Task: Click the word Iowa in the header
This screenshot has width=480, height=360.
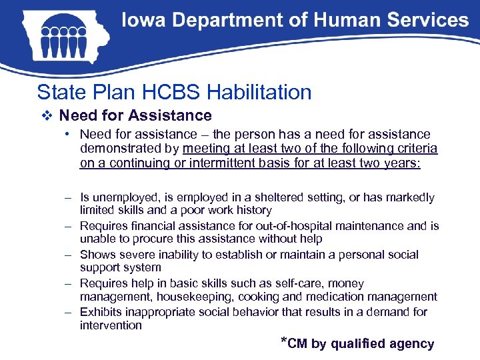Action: [x=142, y=21]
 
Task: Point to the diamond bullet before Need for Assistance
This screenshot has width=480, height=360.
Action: [x=45, y=116]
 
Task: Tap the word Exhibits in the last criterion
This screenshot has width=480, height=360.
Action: [x=101, y=312]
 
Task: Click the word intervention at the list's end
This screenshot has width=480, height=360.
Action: [x=111, y=325]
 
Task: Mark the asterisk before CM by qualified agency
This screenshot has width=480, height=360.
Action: [x=284, y=342]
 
